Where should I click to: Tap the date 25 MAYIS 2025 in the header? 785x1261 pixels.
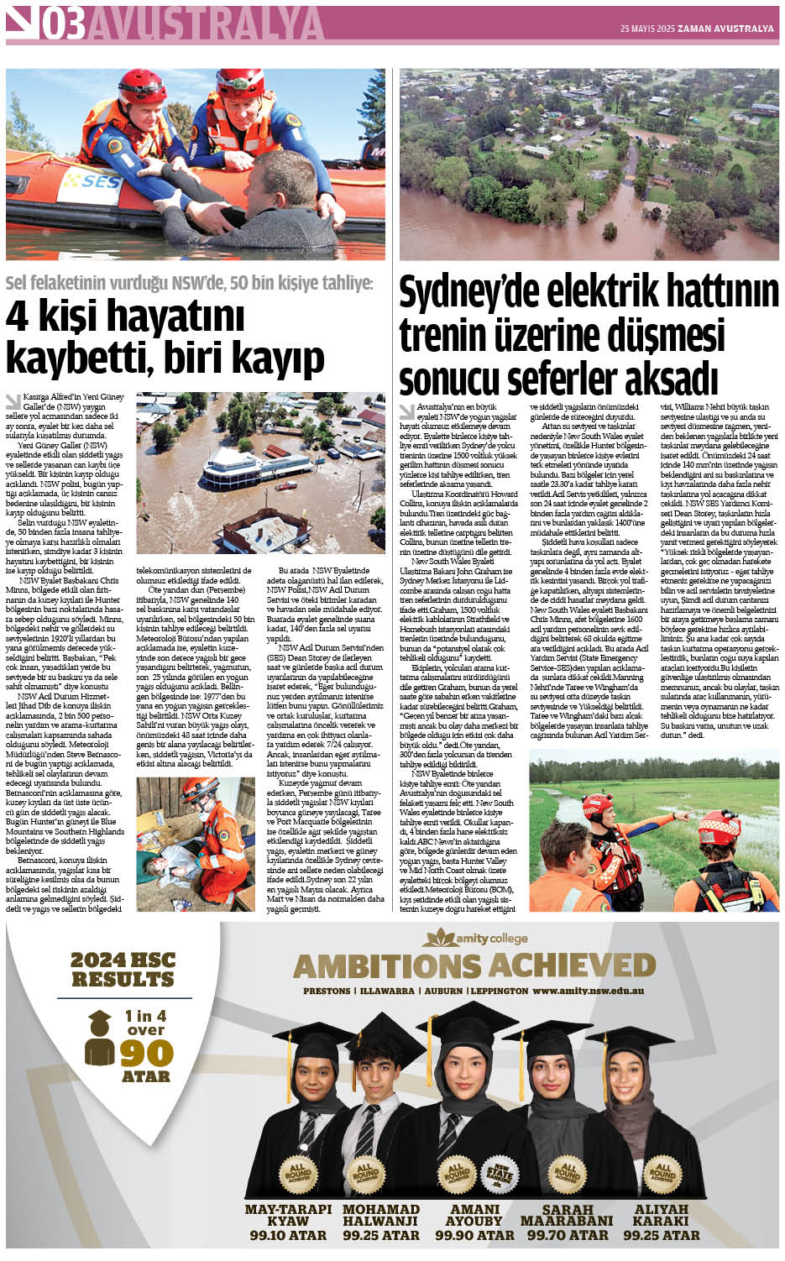(647, 29)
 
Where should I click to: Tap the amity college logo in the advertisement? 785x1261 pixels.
(477, 938)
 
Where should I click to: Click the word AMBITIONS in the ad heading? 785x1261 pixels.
(387, 965)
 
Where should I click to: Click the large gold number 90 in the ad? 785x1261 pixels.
(146, 1053)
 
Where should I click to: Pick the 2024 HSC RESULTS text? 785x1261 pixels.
(122, 970)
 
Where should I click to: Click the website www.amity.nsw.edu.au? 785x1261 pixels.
(589, 991)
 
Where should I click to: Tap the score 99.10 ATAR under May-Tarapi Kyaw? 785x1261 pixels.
(288, 1235)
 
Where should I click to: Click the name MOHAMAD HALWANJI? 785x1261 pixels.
(380, 1215)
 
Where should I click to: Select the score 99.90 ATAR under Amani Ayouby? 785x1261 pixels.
(474, 1235)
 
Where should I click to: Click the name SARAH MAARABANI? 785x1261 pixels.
(568, 1215)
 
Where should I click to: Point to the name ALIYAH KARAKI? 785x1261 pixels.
(662, 1215)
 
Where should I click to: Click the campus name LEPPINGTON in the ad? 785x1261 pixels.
(500, 991)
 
